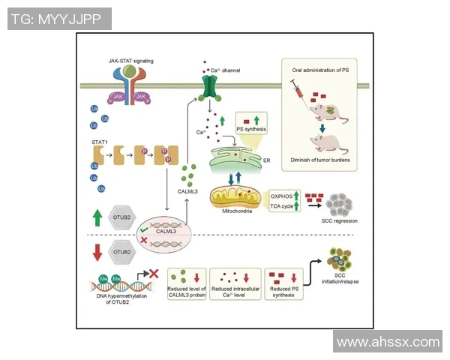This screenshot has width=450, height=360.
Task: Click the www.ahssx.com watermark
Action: [x=388, y=342]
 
